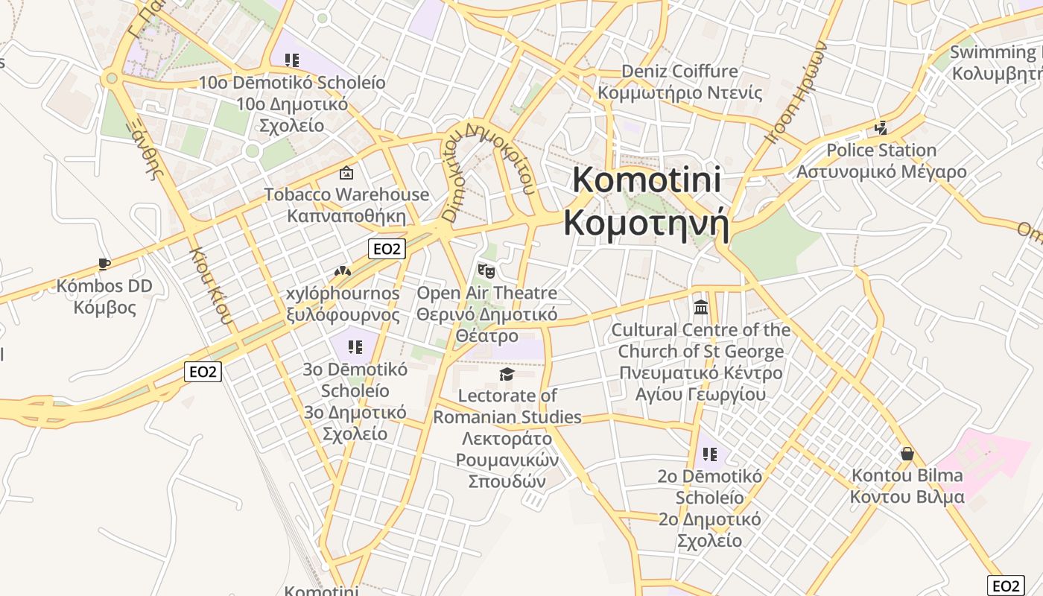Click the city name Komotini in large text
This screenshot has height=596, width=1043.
pyautogui.click(x=646, y=180)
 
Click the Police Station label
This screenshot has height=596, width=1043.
pyautogui.click(x=881, y=150)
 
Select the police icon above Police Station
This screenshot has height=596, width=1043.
pyautogui.click(x=881, y=129)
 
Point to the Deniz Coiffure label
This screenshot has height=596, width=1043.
pyautogui.click(x=679, y=72)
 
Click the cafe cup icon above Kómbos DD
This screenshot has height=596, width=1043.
pyautogui.click(x=104, y=264)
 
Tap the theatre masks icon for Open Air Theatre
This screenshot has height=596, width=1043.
pyautogui.click(x=486, y=270)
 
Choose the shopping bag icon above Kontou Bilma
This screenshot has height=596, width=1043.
pyautogui.click(x=907, y=453)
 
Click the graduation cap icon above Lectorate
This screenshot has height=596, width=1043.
pyautogui.click(x=507, y=374)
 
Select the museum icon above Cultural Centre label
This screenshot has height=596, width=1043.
pyautogui.click(x=701, y=307)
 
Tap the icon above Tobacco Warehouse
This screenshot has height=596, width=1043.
pyautogui.click(x=346, y=174)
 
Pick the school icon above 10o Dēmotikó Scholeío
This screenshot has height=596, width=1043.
pyautogui.click(x=292, y=60)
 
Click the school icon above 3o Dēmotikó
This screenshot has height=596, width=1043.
pyautogui.click(x=355, y=346)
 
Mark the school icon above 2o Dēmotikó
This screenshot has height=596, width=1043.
pyautogui.click(x=709, y=454)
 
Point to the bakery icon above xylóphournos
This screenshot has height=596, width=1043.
pyautogui.click(x=343, y=271)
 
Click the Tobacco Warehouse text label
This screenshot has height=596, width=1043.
pyautogui.click(x=346, y=195)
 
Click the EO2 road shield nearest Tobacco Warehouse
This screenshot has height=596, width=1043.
pyautogui.click(x=387, y=249)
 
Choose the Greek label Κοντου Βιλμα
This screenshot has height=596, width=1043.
pyautogui.click(x=907, y=497)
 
